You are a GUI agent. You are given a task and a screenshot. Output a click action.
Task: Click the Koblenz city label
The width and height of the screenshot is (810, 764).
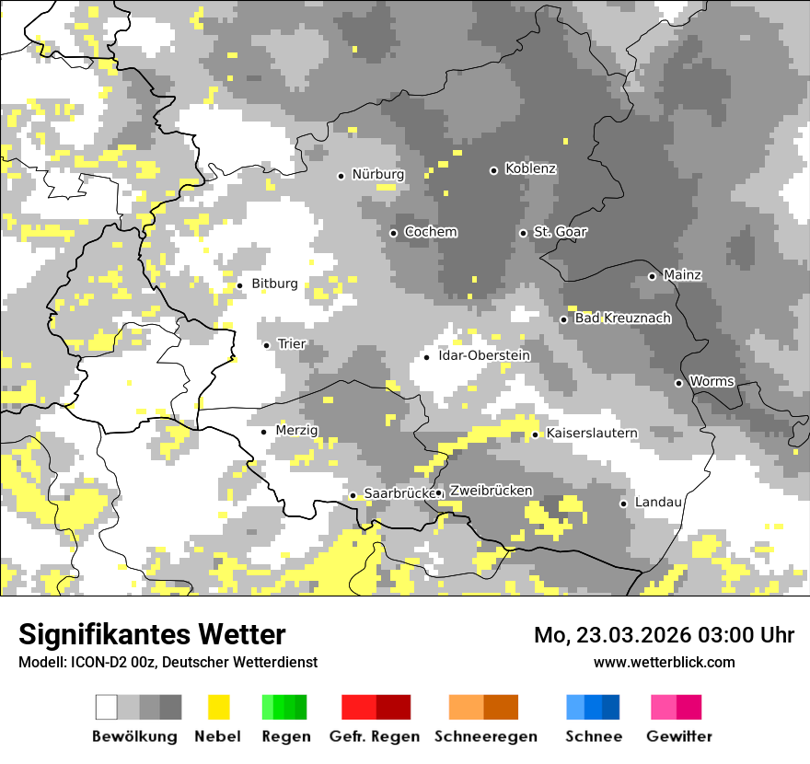point(530,169)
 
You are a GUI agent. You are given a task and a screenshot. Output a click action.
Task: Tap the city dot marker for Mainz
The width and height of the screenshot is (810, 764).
point(652,276)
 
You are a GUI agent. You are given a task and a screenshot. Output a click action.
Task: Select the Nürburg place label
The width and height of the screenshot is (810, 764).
point(377,174)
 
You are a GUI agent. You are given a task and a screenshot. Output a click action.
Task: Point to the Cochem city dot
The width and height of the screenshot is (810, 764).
point(393,233)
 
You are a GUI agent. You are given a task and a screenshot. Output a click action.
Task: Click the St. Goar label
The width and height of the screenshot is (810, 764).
point(560,232)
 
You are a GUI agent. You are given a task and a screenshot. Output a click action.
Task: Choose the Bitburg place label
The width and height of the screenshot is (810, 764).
point(274,284)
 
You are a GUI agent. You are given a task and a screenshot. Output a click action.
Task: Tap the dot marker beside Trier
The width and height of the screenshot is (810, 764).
point(267,345)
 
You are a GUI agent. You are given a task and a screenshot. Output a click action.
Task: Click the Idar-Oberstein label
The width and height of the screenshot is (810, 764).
point(484,355)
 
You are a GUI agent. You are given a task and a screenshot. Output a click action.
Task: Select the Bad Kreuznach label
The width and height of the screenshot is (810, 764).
point(622,318)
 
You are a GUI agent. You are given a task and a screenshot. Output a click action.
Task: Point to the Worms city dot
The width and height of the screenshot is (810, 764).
point(679,383)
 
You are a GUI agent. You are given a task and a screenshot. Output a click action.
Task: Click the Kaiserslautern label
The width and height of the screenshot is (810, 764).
point(592,433)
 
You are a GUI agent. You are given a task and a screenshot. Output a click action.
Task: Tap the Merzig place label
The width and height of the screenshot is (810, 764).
point(296,431)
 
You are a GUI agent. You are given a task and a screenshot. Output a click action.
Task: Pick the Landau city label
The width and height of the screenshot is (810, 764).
point(658,503)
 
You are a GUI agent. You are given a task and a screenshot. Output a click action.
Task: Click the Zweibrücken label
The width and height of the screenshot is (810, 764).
point(491,492)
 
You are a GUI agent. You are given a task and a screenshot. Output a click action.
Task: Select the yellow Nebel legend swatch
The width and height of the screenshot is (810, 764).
point(218,707)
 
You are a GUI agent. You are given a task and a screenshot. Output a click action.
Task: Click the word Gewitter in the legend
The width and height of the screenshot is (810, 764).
point(679,736)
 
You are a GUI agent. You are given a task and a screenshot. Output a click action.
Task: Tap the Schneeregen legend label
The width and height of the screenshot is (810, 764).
point(486,736)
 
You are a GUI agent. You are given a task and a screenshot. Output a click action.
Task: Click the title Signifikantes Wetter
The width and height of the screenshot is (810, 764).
point(152,634)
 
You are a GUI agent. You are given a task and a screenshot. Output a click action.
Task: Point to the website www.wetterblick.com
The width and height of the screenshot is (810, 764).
point(665,662)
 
